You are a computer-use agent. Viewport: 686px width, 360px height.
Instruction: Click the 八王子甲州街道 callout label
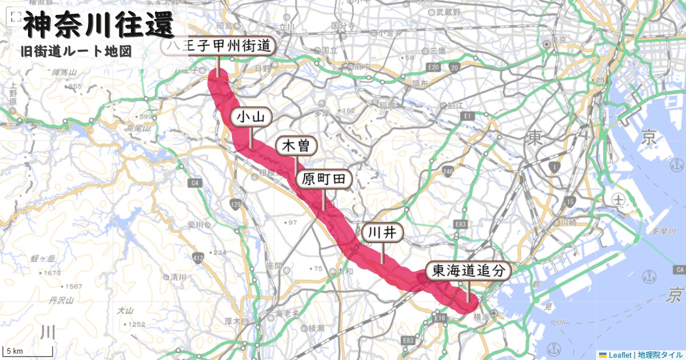pyautogui.click(x=218, y=47)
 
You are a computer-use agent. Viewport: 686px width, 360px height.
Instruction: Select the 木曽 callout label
pyautogui.click(x=296, y=146)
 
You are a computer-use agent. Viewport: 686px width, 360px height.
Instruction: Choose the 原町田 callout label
pyautogui.click(x=324, y=180)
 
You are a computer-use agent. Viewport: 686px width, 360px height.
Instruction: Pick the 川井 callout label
pyautogui.click(x=382, y=233)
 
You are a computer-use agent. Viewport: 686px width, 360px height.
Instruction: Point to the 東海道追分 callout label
pyautogui.click(x=468, y=271)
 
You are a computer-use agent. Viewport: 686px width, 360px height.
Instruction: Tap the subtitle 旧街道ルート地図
pyautogui.click(x=75, y=51)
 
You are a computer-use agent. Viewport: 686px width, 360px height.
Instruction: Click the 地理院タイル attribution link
pyautogui.click(x=660, y=355)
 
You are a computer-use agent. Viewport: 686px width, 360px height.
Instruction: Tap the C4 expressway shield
pyautogui.click(x=196, y=183)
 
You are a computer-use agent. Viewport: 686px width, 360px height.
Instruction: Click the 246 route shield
pyautogui.click(x=447, y=171)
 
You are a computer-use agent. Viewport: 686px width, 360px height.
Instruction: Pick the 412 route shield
pyautogui.click(x=198, y=259)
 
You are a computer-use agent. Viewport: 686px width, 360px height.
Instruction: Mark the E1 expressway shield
pyautogui.click(x=466, y=116)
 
